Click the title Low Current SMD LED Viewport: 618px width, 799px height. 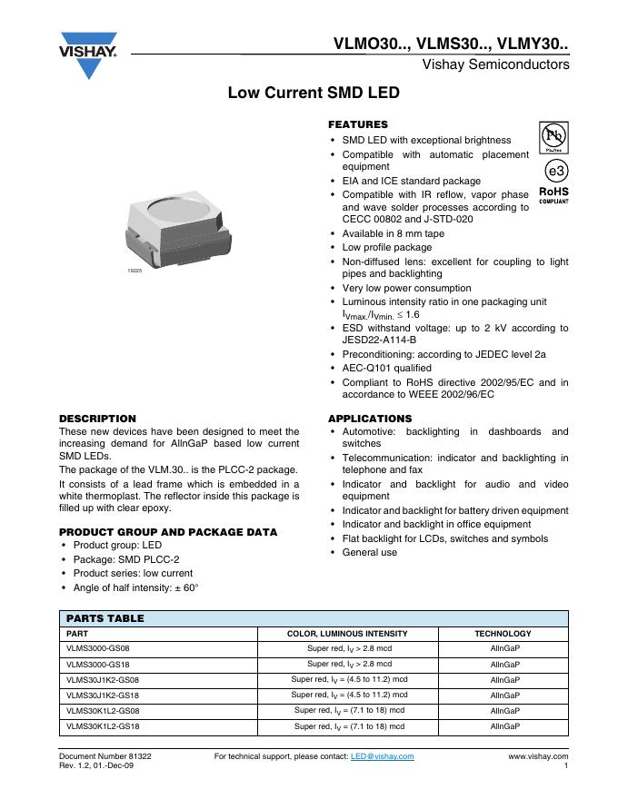[314, 93]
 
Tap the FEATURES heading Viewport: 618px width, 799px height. [357, 124]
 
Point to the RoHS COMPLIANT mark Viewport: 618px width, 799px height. [554, 195]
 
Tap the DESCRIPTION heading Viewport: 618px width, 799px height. [97, 419]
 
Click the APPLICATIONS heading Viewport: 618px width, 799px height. [369, 419]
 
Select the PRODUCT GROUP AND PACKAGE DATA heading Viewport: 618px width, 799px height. [168, 532]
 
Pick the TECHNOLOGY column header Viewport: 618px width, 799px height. [503, 634]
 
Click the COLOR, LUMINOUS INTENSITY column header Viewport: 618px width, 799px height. [347, 634]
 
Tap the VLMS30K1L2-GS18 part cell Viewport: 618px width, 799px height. [104, 726]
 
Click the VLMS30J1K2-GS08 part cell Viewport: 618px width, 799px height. [104, 680]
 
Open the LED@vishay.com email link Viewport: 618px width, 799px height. [382, 755]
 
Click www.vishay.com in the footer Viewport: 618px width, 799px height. [538, 755]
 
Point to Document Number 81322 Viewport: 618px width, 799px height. [105, 755]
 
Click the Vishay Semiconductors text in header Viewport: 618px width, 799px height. [495, 64]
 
